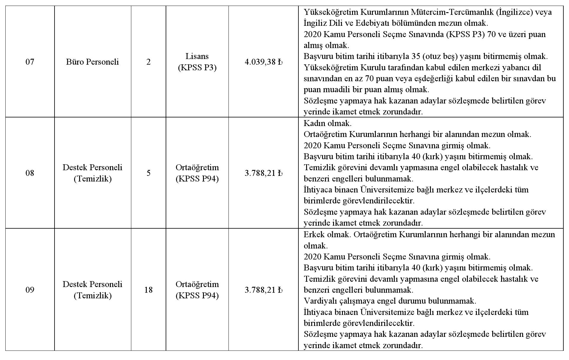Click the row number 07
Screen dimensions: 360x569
tap(30, 62)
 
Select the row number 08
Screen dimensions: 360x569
tap(30, 173)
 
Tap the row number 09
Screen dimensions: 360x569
tap(30, 290)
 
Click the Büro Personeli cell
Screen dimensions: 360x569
tap(92, 62)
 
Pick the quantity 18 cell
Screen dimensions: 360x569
tap(148, 290)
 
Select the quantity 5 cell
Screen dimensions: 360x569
tap(148, 173)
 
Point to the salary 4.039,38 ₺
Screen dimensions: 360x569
tap(263, 62)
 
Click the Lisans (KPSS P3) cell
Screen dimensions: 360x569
tap(197, 62)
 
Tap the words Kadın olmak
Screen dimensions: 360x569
tap(327, 123)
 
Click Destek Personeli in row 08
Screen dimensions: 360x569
tap(92, 168)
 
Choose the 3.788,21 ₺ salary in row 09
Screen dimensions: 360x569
tap(263, 290)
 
